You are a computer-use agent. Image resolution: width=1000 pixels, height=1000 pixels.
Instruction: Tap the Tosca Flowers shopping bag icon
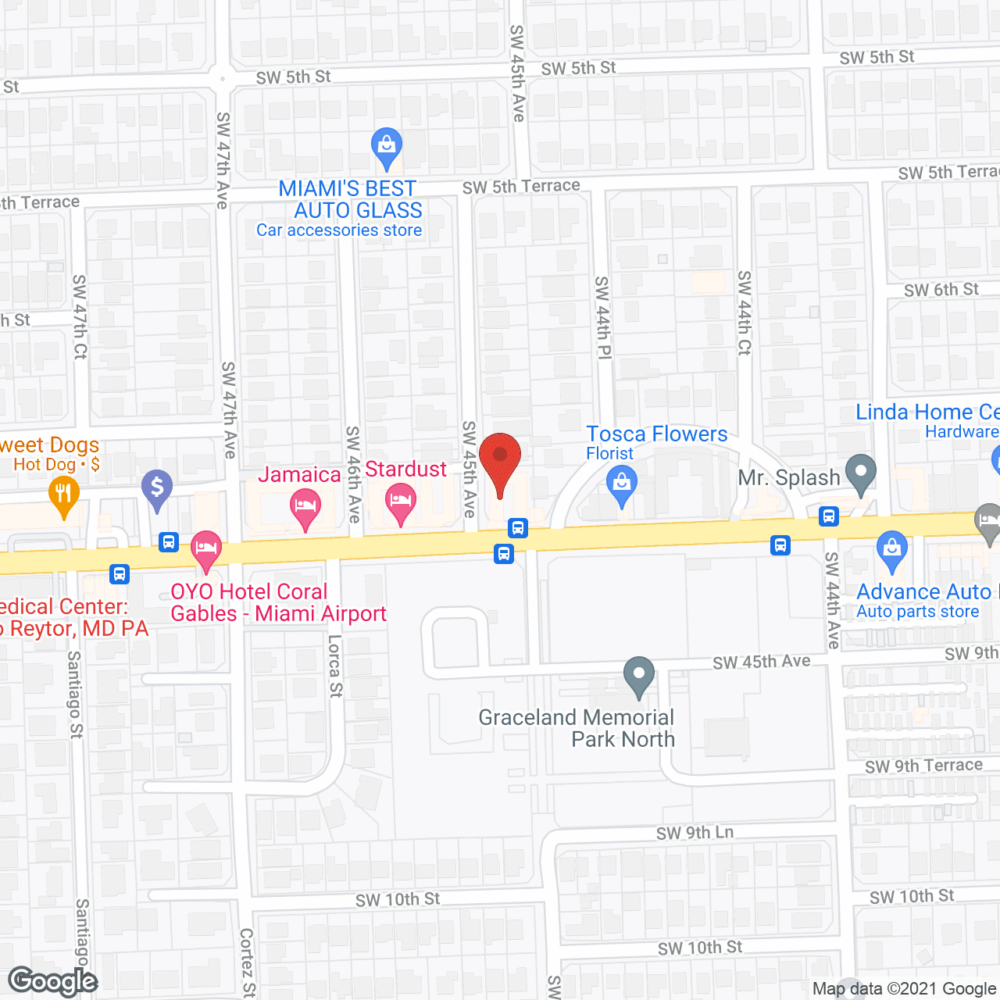622,484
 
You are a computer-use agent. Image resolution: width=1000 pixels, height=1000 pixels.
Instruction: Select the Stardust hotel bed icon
401,500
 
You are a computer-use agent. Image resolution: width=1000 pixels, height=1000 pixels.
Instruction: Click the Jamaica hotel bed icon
305,506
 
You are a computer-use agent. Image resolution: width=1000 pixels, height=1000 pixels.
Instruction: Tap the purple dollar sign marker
157,488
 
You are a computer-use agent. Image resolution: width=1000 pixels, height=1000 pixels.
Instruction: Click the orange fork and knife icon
63,495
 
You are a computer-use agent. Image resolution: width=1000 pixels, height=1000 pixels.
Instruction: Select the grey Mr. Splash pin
860,472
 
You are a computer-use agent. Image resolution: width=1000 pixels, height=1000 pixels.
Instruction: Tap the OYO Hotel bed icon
206,549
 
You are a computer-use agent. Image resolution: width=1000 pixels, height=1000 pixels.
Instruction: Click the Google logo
53,981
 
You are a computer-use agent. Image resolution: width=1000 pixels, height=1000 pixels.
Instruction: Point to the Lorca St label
335,666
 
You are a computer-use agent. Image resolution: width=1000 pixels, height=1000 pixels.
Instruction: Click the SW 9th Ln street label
695,833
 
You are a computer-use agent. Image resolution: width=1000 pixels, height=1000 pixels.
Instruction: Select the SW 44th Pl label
603,316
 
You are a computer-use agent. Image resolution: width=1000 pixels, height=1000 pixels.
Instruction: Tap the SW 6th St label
941,290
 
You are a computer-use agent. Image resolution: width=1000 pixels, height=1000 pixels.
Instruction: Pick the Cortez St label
247,962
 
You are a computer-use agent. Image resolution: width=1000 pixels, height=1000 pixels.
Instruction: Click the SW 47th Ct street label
80,316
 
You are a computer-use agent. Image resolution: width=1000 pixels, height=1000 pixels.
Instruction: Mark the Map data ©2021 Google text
905,989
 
